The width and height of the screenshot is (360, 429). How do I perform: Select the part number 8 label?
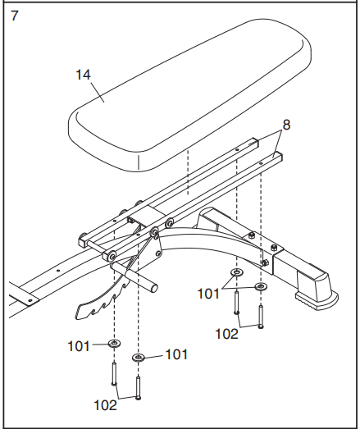coord(286,126)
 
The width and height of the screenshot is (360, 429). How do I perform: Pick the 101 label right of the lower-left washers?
coord(176,355)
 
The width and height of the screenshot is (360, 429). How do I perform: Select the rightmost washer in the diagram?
coord(261,287)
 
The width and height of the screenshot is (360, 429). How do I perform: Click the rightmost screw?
coord(261,315)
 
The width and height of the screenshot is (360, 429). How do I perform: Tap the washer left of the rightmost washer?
coord(236,273)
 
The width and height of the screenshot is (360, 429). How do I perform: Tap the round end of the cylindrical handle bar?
coord(154,287)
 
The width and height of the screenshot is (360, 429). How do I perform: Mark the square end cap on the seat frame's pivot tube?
coord(84,241)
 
